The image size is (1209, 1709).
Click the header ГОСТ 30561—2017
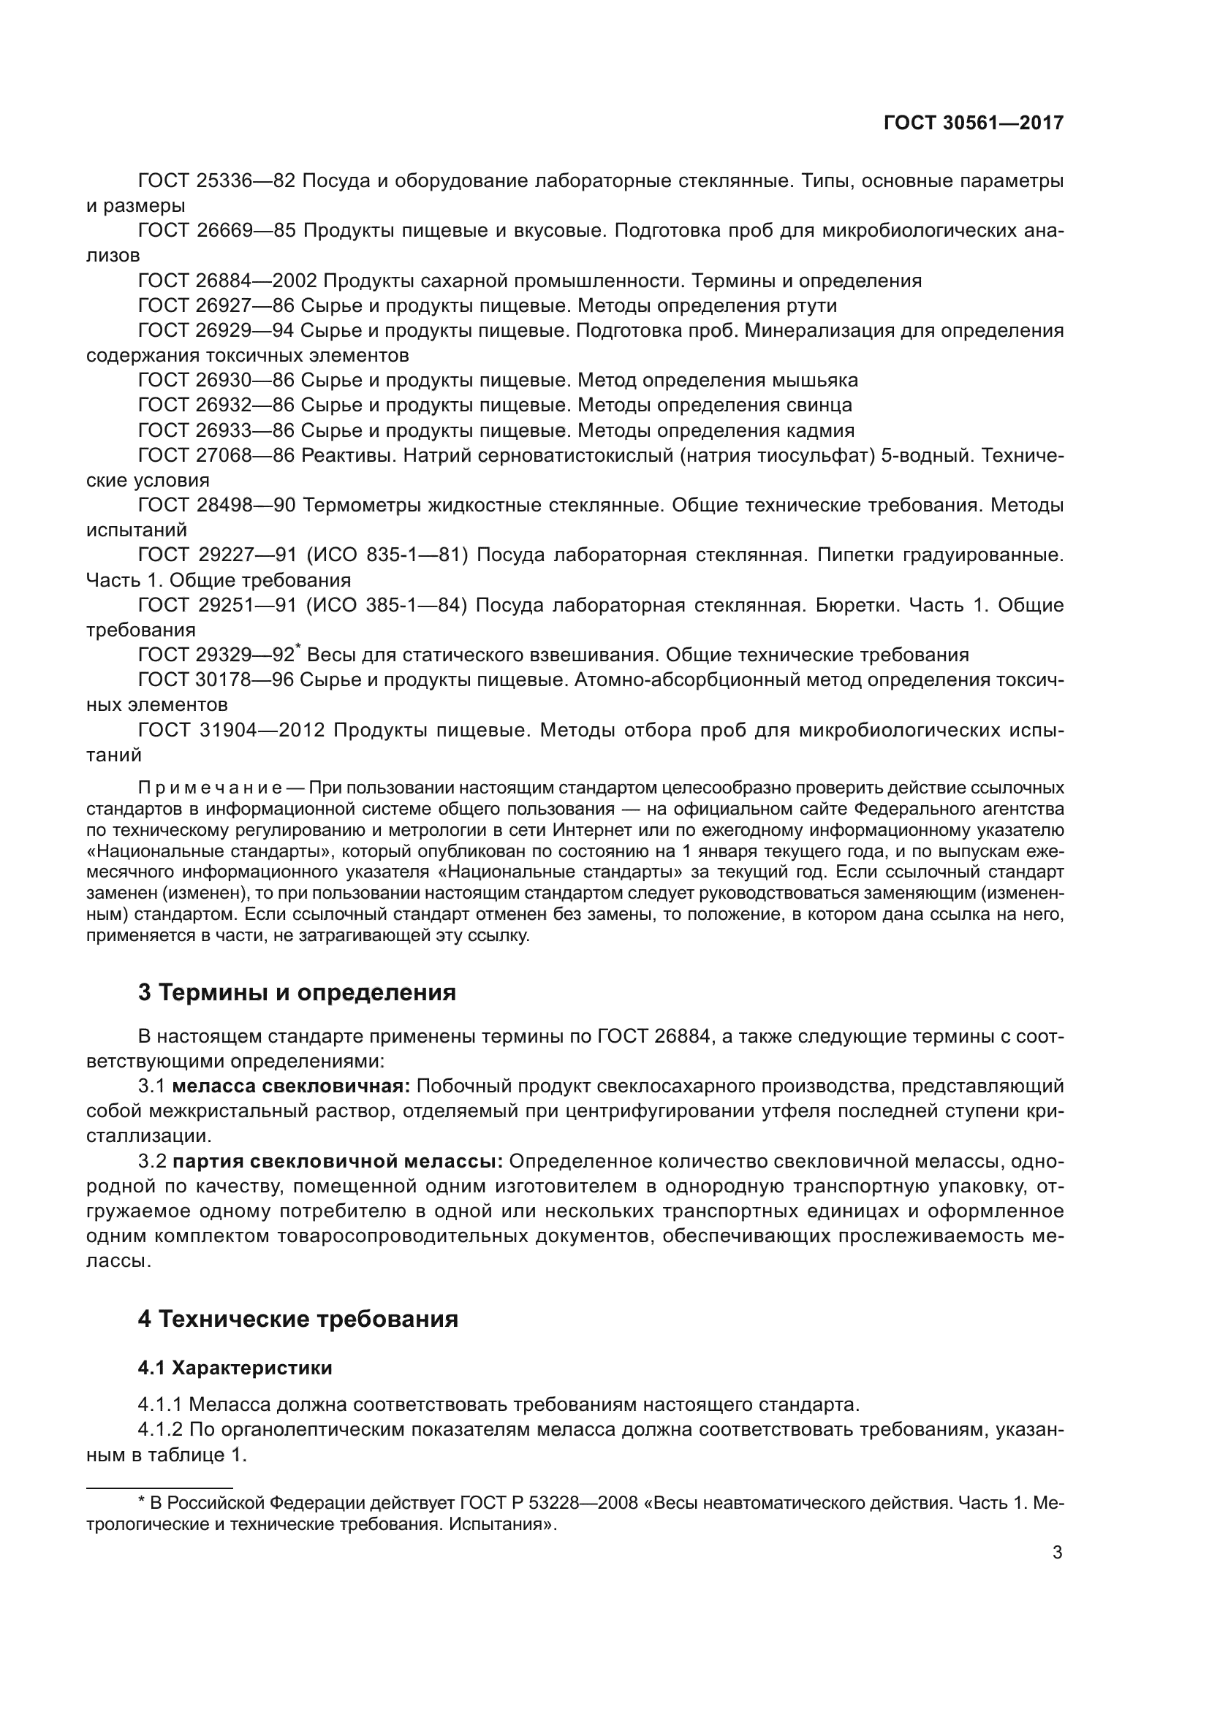tap(973, 123)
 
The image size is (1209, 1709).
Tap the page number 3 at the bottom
tap(1057, 1552)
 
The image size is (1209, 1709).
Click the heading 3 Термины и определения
tap(296, 991)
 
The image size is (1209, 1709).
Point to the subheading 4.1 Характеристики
tap(235, 1367)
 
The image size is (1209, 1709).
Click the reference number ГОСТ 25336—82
tap(216, 181)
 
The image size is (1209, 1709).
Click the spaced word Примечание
tap(209, 788)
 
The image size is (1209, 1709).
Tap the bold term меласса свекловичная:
tap(291, 1086)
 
